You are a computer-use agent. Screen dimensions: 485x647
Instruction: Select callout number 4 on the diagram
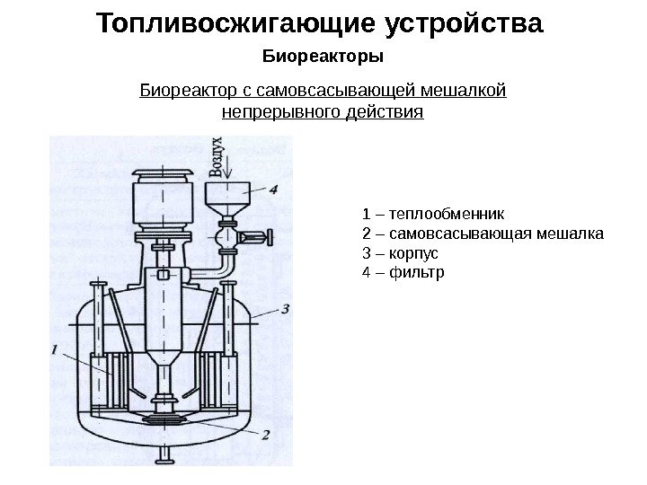(x=273, y=189)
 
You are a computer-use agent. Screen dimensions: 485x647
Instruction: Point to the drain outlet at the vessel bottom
(x=166, y=453)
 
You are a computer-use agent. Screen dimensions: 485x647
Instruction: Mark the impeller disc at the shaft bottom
(x=166, y=419)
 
